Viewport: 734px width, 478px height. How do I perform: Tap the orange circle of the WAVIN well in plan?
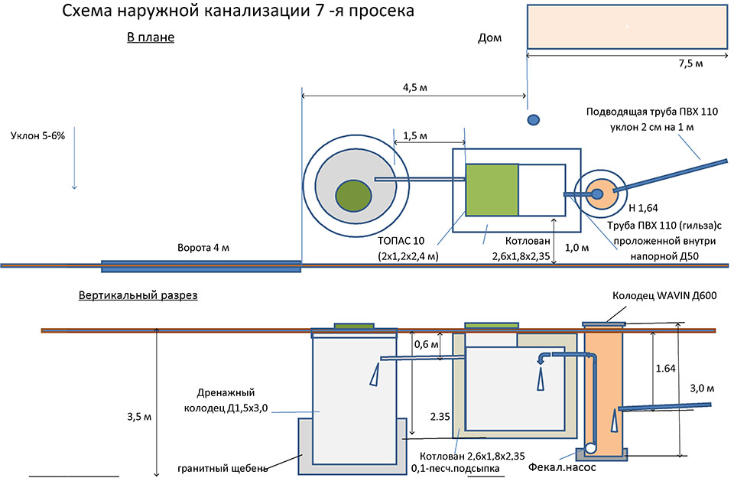click(598, 193)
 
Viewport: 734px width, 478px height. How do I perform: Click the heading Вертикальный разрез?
click(138, 295)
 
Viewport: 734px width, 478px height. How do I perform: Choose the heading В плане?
click(151, 37)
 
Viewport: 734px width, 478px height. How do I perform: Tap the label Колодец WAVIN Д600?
click(663, 296)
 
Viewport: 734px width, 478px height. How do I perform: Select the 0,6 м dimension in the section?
click(427, 343)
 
